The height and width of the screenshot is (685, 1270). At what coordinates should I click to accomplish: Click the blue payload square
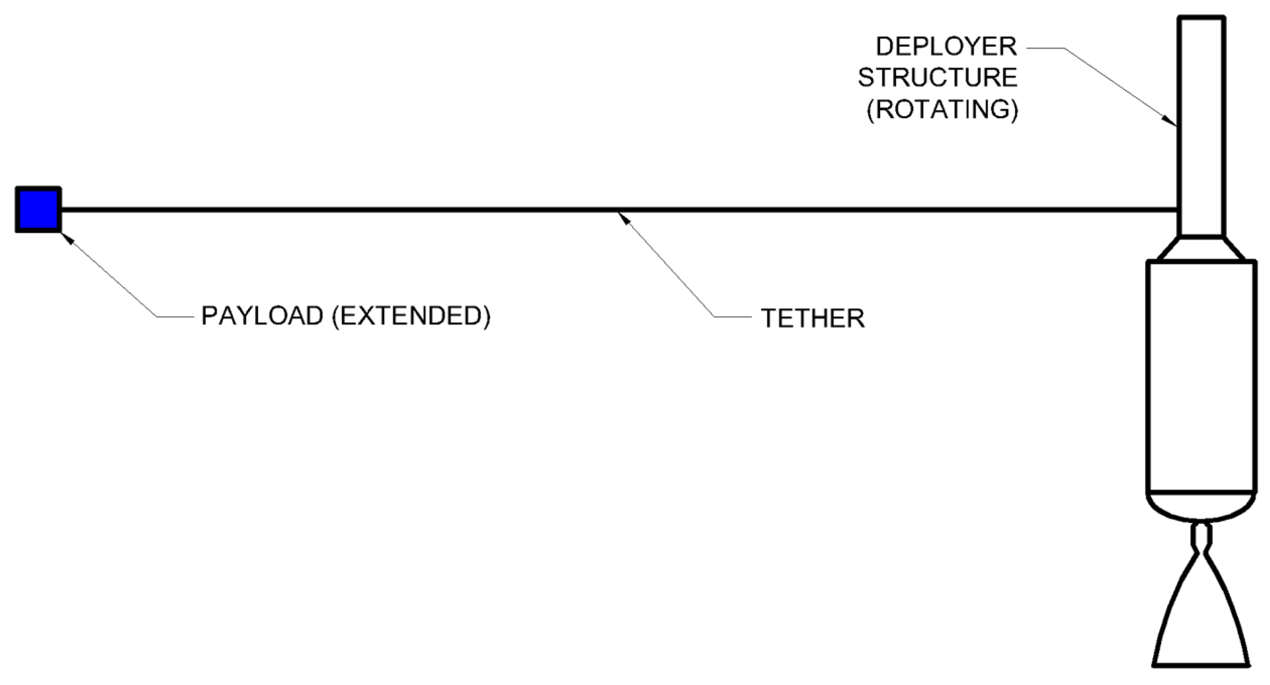point(38,210)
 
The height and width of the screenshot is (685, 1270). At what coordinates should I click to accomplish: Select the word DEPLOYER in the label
point(946,47)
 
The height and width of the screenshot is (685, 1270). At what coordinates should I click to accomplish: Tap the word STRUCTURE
point(937,78)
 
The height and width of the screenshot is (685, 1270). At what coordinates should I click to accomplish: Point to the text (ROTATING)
point(942,110)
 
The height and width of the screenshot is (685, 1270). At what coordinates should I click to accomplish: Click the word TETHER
point(813,318)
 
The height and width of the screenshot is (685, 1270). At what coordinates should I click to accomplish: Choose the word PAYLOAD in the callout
point(262,316)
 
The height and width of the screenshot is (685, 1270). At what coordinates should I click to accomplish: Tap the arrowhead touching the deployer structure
point(1171,121)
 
